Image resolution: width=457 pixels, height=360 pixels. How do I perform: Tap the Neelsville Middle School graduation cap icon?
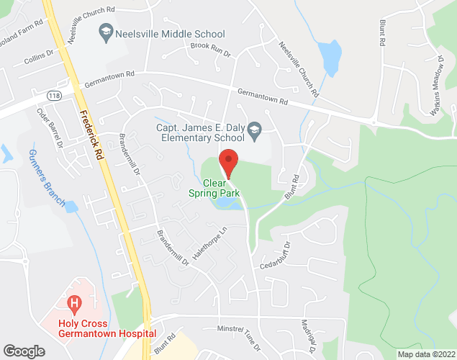coord(107,33)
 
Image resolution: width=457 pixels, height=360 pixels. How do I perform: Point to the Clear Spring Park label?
coord(214,187)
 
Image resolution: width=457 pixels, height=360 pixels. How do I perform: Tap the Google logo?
coord(24,351)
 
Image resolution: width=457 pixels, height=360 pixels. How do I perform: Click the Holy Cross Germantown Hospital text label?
coord(99,328)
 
